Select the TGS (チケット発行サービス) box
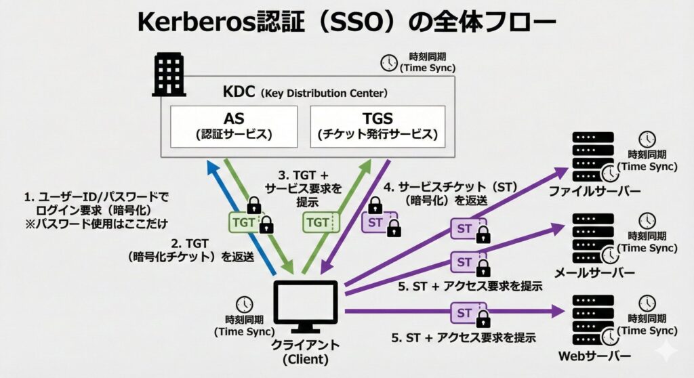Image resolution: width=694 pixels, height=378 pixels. click(x=377, y=126)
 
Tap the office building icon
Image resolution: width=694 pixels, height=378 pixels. click(x=169, y=75)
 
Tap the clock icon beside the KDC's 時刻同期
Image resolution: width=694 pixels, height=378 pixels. click(x=388, y=62)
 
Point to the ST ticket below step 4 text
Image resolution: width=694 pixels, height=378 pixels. click(x=375, y=222)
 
